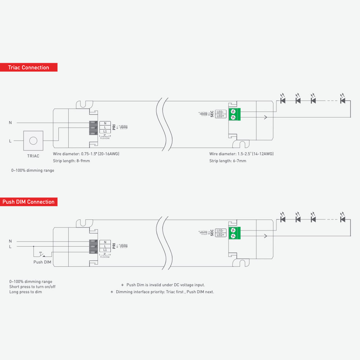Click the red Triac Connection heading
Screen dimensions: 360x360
pos(29,68)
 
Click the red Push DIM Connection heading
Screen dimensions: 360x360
pos(29,202)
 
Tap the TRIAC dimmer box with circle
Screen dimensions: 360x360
pos(33,140)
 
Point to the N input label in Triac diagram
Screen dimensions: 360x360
pos(10,123)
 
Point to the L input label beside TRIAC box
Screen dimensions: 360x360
pos(10,141)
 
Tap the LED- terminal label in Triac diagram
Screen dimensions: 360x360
pos(221,112)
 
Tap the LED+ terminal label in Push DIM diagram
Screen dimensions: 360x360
pos(221,235)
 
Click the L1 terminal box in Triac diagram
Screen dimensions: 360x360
pos(105,131)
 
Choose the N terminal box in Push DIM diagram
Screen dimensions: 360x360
pos(105,242)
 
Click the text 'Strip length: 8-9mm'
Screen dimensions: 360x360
pos(71,161)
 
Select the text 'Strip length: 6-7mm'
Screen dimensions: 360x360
pos(228,161)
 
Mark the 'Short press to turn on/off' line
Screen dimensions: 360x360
pos(32,287)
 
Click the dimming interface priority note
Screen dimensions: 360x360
pos(162,292)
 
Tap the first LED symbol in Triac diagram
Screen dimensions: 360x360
pos(283,100)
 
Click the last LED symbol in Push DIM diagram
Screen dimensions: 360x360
pos(343,219)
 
